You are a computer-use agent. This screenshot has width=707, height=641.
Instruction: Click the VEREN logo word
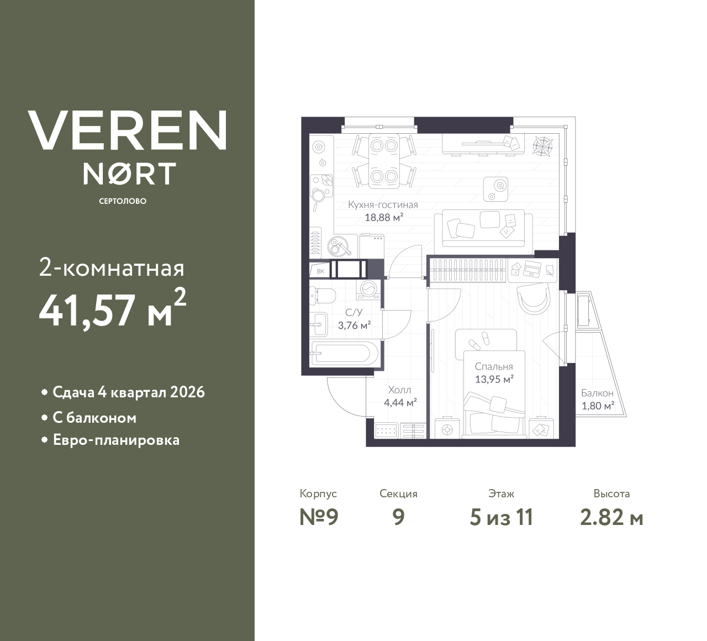[x=128, y=130]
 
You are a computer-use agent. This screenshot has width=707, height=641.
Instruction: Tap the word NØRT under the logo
[x=129, y=174]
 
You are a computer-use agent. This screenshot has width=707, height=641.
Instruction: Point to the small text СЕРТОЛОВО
[x=123, y=201]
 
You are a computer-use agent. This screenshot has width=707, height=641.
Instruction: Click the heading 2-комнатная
[x=112, y=269]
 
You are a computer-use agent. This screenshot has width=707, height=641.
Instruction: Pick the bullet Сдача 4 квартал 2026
[x=128, y=392]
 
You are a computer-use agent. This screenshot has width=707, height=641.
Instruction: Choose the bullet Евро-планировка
[x=116, y=440]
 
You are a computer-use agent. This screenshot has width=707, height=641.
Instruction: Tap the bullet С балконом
[x=94, y=418]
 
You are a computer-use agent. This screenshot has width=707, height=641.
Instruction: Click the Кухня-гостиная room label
[x=383, y=205]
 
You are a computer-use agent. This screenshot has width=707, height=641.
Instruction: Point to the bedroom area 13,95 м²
[x=494, y=379]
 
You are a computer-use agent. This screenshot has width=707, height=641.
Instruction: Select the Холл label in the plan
[x=399, y=390]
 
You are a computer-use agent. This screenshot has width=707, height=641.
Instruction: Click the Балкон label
[x=597, y=393]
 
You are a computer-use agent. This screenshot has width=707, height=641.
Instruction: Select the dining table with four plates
[x=384, y=161]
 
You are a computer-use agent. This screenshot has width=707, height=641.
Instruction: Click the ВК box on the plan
[x=320, y=271]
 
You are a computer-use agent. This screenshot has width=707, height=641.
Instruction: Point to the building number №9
[x=319, y=517]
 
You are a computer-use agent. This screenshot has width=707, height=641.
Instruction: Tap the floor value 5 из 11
[x=501, y=517]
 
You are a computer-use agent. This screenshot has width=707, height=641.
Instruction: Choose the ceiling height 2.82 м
[x=611, y=517]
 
